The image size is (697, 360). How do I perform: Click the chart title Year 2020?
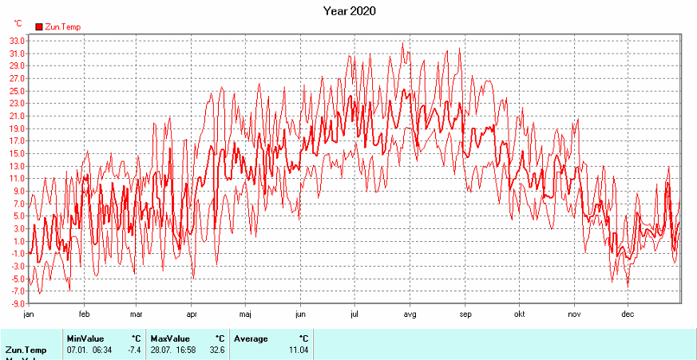pos(349,11)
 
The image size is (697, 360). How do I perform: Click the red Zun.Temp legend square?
pos(38,26)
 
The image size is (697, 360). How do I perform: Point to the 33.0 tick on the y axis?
pos(15,41)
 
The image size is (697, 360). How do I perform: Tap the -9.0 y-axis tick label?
pos(16,304)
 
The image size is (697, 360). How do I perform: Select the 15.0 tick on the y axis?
pos(15,153)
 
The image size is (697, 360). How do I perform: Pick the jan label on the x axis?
pos(29,314)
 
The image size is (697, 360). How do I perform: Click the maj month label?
pos(245,314)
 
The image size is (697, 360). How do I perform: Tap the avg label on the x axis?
pos(410,314)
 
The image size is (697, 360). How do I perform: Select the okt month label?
pos(519,314)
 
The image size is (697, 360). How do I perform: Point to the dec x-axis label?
pos(628,314)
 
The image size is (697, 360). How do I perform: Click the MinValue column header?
pos(85,338)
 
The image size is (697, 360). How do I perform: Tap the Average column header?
pos(251,338)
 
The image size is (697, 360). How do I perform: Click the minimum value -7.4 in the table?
pos(133,350)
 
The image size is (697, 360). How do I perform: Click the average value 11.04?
pos(296,350)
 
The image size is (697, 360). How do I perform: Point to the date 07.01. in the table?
pos(78,350)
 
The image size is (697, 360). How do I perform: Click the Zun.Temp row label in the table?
pos(26,350)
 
